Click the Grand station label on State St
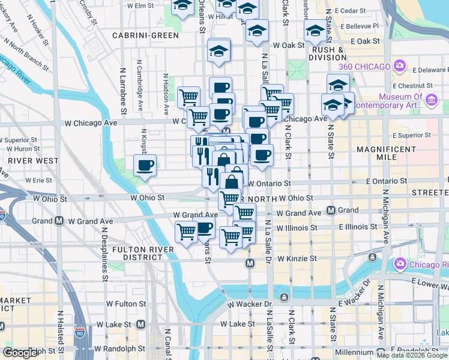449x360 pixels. pos(348,211)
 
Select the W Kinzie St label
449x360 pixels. pos(295,259)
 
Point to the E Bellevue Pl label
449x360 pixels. pos(360,26)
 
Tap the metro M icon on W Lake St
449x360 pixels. pos(140,324)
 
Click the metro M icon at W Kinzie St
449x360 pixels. pos(250,263)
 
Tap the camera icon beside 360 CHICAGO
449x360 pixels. pos(399,65)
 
